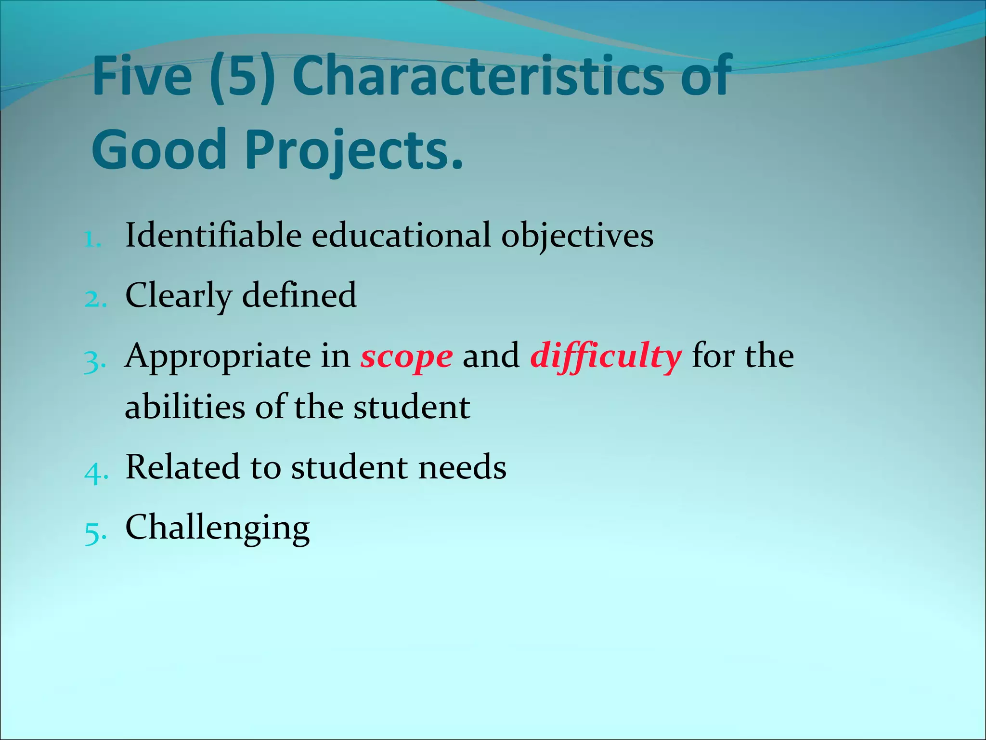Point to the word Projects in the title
(354, 150)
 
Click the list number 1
(92, 239)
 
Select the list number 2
(95, 299)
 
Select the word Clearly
(178, 296)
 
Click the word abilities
(185, 407)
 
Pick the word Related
(182, 467)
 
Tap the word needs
(462, 467)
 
